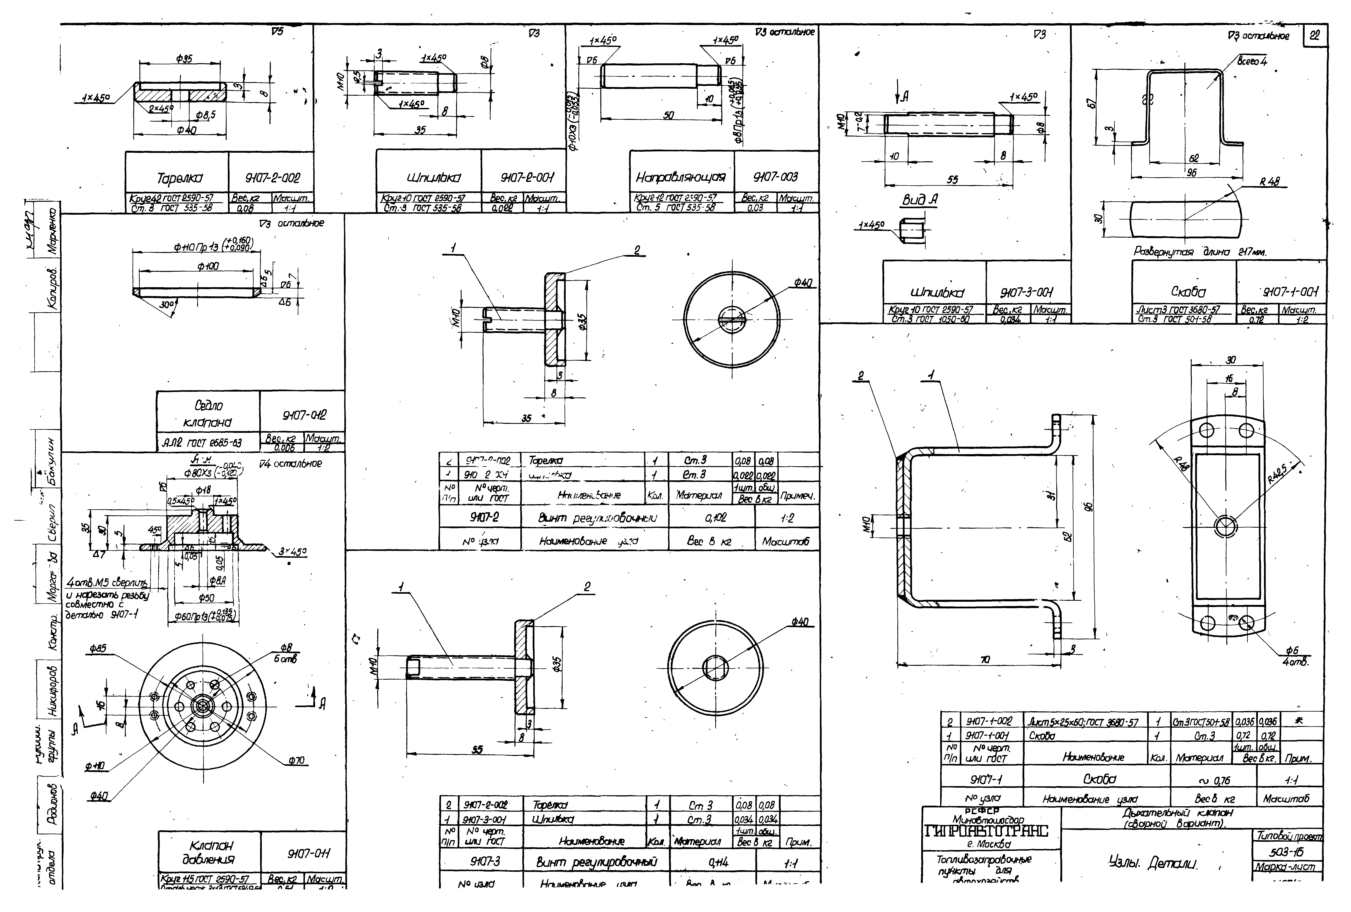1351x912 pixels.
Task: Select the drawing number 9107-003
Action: coord(776,177)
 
